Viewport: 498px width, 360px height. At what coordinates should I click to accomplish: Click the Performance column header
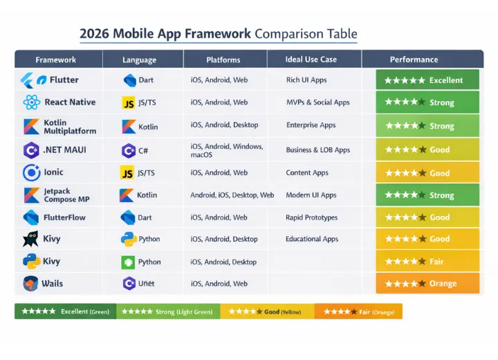point(414,60)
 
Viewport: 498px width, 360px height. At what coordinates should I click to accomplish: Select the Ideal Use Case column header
point(311,60)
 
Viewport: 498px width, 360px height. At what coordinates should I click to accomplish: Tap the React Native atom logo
point(31,102)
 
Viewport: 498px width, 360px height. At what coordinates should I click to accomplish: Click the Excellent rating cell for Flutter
point(427,80)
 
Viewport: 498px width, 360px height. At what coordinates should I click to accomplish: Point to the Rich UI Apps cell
point(306,80)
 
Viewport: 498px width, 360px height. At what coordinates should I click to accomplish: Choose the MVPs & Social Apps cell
point(317,102)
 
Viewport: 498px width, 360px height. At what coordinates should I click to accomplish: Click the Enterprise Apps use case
point(311,125)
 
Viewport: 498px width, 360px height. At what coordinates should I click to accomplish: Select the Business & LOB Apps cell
point(317,150)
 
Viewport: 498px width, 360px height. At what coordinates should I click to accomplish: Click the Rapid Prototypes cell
point(311,217)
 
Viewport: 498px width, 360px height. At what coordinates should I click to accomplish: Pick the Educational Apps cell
point(312,239)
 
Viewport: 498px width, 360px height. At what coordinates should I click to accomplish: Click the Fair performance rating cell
point(427,262)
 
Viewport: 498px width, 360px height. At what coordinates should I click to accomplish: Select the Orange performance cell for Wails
point(427,283)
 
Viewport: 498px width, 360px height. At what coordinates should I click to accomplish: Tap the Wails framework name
point(52,284)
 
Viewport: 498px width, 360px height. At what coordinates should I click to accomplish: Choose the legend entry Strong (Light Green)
point(167,312)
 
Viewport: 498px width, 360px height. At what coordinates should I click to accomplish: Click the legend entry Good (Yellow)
point(266,312)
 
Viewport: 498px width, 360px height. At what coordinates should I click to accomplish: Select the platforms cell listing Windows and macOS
point(226,150)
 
